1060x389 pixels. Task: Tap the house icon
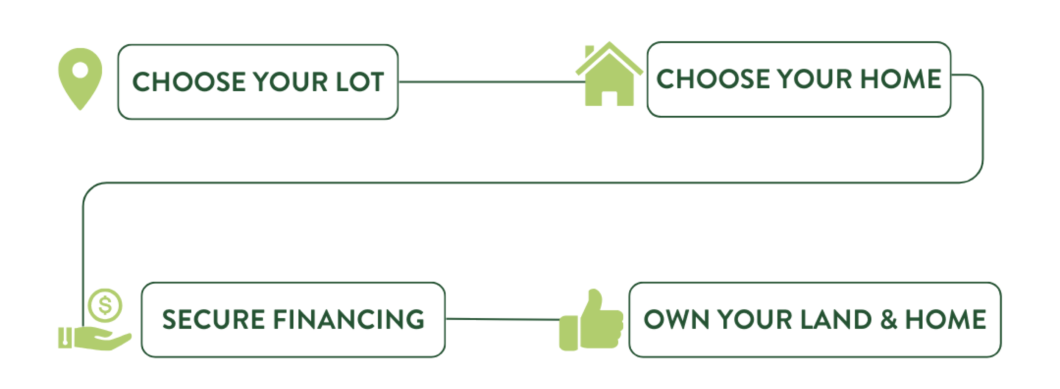coord(609,76)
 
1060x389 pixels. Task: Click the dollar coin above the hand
coord(105,304)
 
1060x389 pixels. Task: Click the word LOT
coord(360,81)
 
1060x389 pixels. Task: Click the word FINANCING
coord(348,320)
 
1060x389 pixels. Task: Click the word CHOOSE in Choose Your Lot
coord(189,81)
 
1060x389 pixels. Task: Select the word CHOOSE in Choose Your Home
coord(712,79)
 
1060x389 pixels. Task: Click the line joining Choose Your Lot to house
coord(488,81)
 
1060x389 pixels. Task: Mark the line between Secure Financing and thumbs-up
coord(502,318)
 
